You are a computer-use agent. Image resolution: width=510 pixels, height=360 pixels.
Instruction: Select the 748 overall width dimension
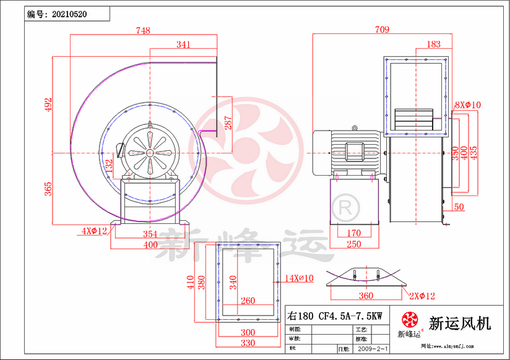pyautogui.click(x=143, y=30)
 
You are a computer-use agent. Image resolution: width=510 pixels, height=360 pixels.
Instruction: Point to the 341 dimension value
pyautogui.click(x=183, y=45)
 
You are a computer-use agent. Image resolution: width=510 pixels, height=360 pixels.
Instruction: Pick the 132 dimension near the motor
pyautogui.click(x=110, y=166)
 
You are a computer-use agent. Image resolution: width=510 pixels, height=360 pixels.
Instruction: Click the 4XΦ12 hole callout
pyautogui.click(x=94, y=231)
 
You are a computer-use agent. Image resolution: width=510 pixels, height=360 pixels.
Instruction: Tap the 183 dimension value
pyautogui.click(x=434, y=44)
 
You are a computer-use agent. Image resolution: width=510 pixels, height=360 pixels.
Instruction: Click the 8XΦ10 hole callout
pyautogui.click(x=468, y=105)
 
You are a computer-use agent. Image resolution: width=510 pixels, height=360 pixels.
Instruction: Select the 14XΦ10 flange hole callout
pyautogui.click(x=300, y=278)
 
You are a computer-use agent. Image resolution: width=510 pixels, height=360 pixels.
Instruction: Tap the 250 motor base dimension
pyautogui.click(x=353, y=244)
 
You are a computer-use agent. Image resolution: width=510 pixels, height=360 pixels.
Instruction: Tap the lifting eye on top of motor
pyautogui.click(x=354, y=128)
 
